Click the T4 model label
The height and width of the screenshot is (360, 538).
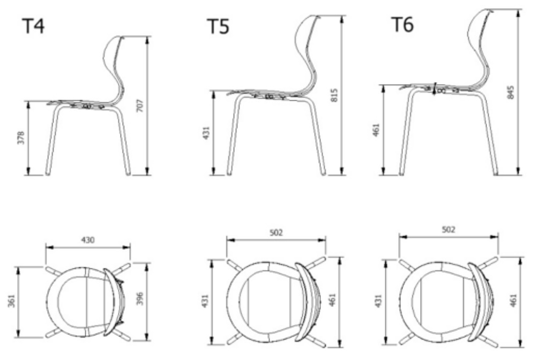[33, 26]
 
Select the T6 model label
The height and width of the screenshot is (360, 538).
[402, 24]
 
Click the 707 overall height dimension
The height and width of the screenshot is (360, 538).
[140, 106]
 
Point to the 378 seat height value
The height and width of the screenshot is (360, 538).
[21, 137]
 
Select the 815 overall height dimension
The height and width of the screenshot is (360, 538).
[334, 95]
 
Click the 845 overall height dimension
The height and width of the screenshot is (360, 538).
[511, 93]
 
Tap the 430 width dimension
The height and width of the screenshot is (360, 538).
[88, 239]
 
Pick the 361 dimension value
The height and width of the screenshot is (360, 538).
[12, 301]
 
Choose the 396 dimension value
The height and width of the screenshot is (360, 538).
[140, 299]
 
